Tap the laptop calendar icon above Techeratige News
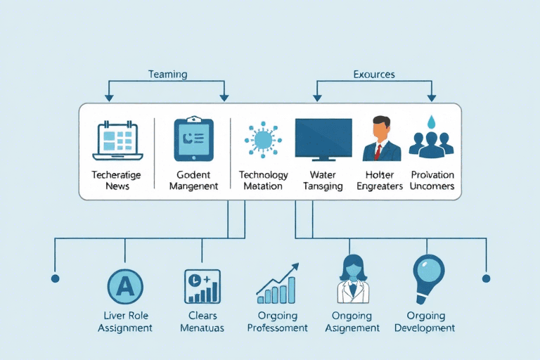pos(117,139)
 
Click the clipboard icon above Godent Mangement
pos(193,139)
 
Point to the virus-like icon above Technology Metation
pos(263,139)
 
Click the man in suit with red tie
pos(381,139)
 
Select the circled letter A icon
pos(124,286)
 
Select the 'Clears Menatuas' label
pos(203,321)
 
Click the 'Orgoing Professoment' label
pos(278,321)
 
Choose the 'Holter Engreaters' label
pos(380,180)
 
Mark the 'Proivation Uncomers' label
pos(432,180)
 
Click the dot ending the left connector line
pos(55,278)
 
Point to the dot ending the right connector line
pos(486,278)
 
